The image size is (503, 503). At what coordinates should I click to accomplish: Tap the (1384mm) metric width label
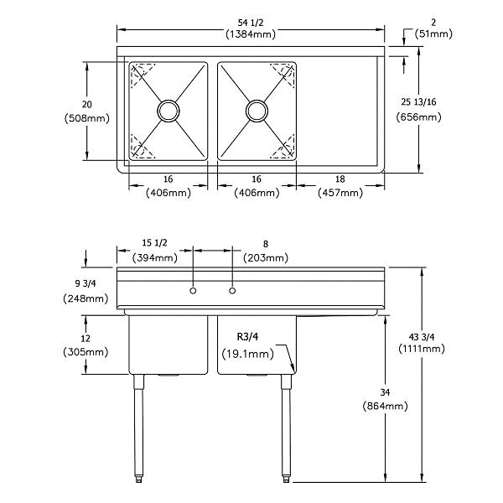pyautogui.click(x=251, y=34)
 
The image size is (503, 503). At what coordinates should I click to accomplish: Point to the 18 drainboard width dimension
pyautogui.click(x=340, y=179)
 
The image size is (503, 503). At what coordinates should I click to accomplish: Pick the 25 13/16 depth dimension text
pyautogui.click(x=418, y=101)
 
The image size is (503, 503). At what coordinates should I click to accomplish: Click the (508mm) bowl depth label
pyautogui.click(x=86, y=118)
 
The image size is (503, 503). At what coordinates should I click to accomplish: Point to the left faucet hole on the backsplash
pyautogui.click(x=194, y=291)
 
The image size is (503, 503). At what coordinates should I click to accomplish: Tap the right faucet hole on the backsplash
pyautogui.click(x=232, y=291)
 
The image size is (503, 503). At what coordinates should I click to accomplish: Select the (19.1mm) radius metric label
pyautogui.click(x=247, y=354)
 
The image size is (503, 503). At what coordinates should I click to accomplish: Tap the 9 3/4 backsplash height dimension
pyautogui.click(x=86, y=283)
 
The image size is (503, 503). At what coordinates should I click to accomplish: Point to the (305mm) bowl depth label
pyautogui.click(x=86, y=353)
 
